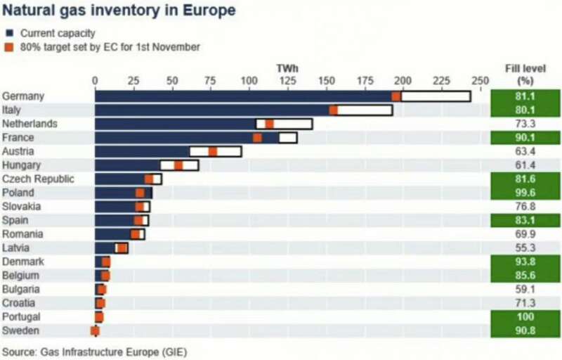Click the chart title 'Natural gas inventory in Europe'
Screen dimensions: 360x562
pos(119,11)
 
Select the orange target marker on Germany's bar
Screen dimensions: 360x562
pos(396,96)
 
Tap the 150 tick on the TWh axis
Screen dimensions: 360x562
pos(326,80)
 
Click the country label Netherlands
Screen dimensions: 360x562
pos(30,124)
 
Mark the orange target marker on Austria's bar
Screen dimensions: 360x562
pos(213,151)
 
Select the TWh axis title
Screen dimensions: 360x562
pos(286,68)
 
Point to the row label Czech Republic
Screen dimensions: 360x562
pos(38,179)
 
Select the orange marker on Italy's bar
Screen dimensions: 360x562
pos(334,110)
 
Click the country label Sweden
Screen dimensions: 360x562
pos(21,330)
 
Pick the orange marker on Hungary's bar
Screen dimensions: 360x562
pos(178,165)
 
